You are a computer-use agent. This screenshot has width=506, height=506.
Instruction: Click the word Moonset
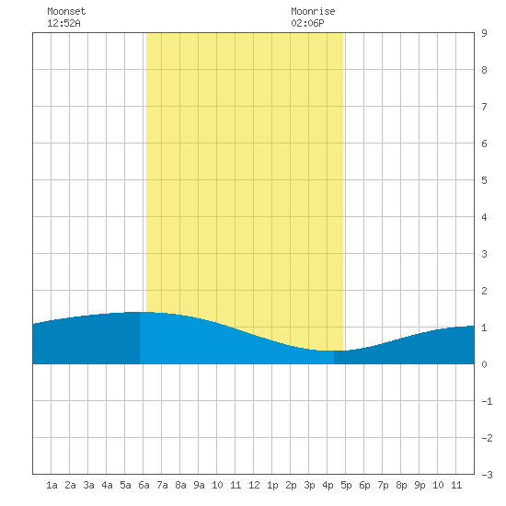tap(66, 11)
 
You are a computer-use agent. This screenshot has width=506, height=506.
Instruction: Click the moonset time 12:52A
tap(63, 23)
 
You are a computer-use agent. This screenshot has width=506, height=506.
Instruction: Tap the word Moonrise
tap(313, 11)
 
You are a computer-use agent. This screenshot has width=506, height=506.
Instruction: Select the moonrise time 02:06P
tap(307, 23)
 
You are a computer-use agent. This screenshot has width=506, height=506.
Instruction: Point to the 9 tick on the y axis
tap(484, 33)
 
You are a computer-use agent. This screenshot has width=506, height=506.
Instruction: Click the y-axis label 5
tap(484, 180)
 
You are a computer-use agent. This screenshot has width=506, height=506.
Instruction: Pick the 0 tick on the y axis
tap(484, 364)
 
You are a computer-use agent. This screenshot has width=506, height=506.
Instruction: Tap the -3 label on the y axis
tap(487, 475)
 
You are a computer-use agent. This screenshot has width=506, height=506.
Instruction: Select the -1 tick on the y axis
tap(487, 401)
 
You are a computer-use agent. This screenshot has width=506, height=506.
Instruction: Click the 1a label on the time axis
tap(52, 485)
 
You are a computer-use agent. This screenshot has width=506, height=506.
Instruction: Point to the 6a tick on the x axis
tap(144, 485)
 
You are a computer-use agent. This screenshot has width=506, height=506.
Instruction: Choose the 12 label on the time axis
tap(254, 485)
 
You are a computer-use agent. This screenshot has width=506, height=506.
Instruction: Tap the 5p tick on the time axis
tap(346, 485)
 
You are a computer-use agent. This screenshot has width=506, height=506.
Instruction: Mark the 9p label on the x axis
tap(420, 485)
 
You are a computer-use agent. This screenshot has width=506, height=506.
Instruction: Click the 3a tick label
tap(88, 485)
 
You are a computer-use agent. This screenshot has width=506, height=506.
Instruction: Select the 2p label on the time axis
tap(291, 485)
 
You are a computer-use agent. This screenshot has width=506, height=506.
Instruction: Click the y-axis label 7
tap(484, 107)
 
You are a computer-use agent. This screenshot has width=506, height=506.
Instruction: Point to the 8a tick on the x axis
tap(180, 485)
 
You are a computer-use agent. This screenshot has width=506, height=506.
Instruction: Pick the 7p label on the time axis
tap(383, 485)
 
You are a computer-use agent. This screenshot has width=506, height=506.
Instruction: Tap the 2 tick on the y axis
tap(484, 291)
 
